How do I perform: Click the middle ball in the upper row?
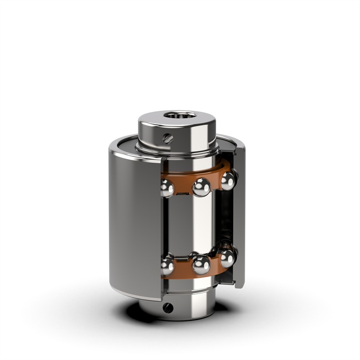[x=201, y=186]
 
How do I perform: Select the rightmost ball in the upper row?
[x=228, y=181]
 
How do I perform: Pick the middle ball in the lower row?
[x=201, y=265]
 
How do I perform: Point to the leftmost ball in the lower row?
[x=167, y=265]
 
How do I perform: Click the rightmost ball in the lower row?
[x=228, y=257]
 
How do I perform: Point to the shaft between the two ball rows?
[x=198, y=225]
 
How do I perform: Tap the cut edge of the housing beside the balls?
[x=161, y=225]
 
